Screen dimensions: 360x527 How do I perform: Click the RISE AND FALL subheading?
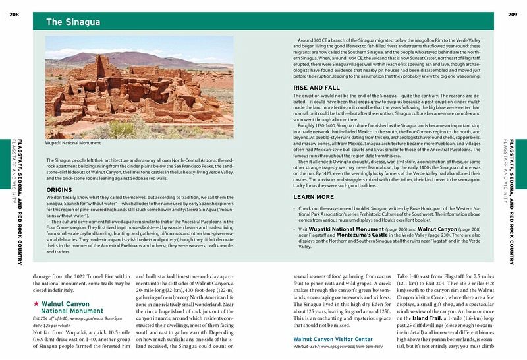316,88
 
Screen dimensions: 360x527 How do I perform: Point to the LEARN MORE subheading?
313,197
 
